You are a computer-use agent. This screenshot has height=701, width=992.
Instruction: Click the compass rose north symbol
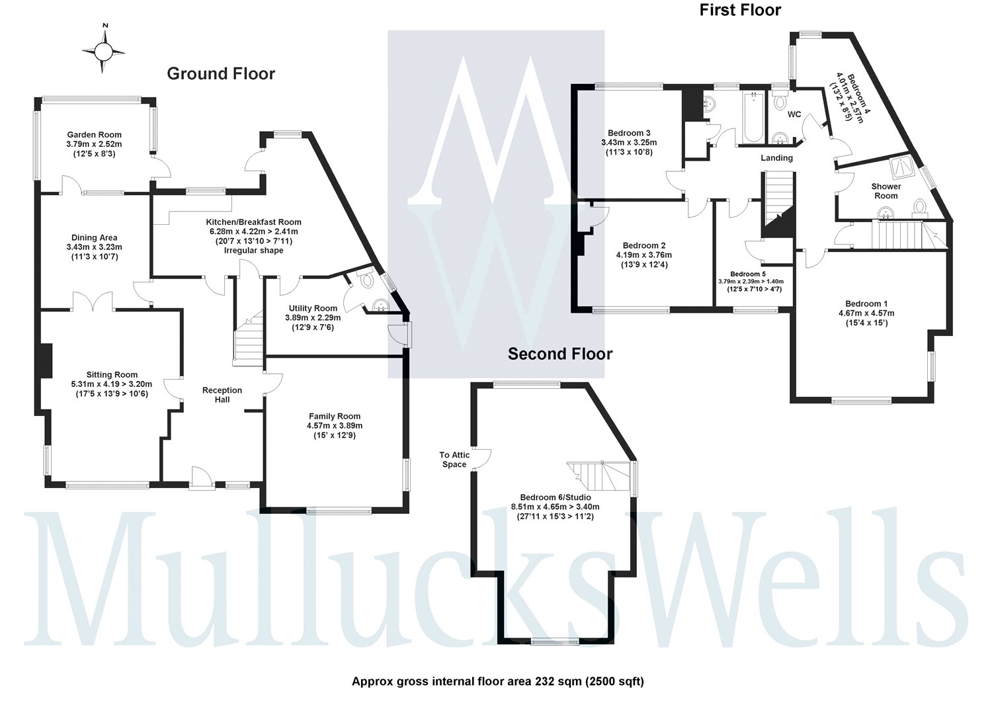(x=104, y=50)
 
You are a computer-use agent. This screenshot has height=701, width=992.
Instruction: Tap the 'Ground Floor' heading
(x=220, y=73)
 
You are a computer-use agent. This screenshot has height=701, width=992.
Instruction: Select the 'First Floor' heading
(x=740, y=10)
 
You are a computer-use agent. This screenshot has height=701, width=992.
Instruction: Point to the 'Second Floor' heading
(x=559, y=354)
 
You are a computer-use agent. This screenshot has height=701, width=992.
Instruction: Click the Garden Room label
(x=94, y=135)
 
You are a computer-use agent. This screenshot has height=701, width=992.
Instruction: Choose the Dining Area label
(x=94, y=238)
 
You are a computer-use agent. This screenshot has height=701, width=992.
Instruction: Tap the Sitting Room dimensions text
(x=112, y=389)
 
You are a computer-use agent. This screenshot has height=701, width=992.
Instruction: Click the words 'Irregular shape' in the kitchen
(x=253, y=251)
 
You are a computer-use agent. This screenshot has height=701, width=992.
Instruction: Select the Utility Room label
(x=313, y=308)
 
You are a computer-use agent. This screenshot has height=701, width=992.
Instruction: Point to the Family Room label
(x=334, y=417)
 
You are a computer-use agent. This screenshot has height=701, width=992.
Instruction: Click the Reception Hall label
(x=222, y=395)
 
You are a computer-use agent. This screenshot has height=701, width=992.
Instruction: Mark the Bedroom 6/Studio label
(x=556, y=497)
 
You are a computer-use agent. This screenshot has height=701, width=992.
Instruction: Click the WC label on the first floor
(x=794, y=114)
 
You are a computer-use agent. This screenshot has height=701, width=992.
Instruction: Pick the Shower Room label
(x=886, y=191)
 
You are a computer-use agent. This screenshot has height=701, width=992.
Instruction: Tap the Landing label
(x=776, y=158)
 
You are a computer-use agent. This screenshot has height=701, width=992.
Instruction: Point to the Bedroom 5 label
(x=748, y=274)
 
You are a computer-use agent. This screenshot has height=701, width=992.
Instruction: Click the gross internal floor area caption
(x=497, y=681)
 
